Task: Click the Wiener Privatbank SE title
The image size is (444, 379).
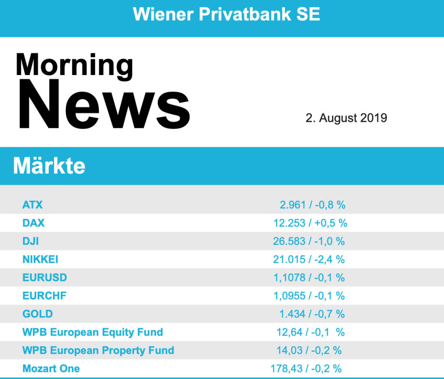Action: tap(226, 14)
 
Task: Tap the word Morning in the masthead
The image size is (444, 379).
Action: tap(74, 65)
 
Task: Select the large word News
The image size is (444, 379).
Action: tap(103, 106)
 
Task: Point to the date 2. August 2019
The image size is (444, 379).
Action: tap(346, 118)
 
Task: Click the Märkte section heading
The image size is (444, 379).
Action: tap(49, 166)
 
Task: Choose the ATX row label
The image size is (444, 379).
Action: tap(33, 205)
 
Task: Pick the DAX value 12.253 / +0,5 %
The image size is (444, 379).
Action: tap(310, 223)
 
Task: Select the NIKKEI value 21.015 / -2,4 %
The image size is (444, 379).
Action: tap(309, 259)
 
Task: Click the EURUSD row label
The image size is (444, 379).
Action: tap(45, 278)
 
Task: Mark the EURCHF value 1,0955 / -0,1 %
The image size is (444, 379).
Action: tap(309, 296)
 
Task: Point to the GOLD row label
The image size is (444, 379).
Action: tap(37, 314)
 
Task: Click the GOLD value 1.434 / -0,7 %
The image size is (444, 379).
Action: tap(312, 314)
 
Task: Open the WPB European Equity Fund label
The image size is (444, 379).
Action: tap(93, 332)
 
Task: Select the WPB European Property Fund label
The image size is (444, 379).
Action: tap(98, 350)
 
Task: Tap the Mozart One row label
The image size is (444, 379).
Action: tap(51, 369)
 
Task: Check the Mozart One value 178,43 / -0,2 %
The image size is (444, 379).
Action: tap(306, 369)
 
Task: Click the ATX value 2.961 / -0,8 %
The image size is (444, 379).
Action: tap(312, 205)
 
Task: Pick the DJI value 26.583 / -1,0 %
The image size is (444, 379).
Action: tap(309, 241)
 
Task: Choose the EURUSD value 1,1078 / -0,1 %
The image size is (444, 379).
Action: tap(309, 278)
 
